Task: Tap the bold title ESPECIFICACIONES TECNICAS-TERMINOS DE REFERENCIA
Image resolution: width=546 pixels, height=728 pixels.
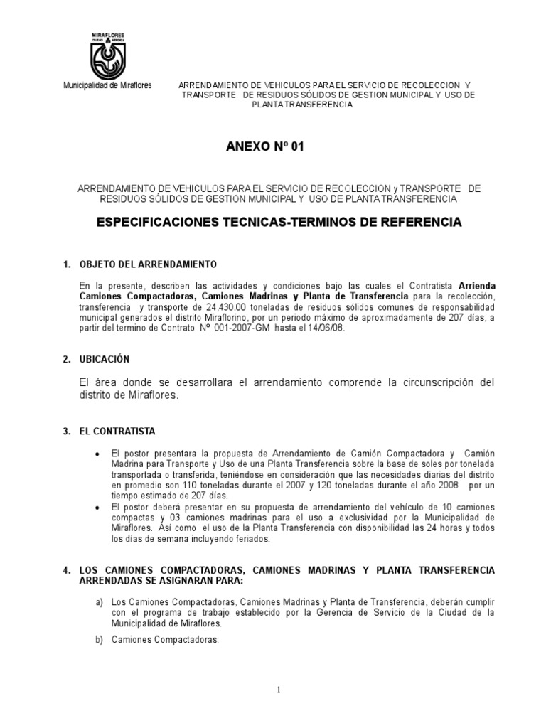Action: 279,223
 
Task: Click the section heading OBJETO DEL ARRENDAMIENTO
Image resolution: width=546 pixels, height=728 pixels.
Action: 148,264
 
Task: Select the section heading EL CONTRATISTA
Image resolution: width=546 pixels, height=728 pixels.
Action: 117,432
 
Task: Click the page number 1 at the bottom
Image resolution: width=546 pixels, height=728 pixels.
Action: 279,690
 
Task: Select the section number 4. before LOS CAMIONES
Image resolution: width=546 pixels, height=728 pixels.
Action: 66,570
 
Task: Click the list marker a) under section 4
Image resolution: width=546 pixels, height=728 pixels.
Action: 100,602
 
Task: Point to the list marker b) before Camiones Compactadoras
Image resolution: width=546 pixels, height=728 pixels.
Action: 100,640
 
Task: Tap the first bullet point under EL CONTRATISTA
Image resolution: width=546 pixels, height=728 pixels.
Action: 97,453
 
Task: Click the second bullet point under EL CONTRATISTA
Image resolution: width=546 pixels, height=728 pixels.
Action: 97,506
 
